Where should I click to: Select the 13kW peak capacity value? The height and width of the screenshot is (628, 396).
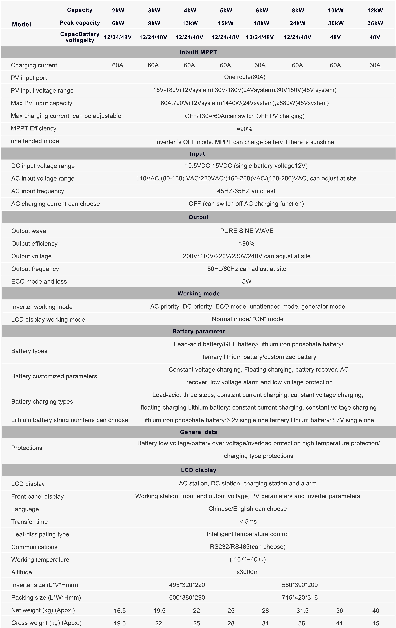190,23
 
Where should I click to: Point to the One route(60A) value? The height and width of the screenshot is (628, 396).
245,77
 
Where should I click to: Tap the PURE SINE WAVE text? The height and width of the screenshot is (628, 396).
247,231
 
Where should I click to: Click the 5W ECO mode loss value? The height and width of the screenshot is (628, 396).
247,281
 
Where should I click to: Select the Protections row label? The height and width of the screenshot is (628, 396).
27,448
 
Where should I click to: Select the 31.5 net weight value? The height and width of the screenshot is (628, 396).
303,610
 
